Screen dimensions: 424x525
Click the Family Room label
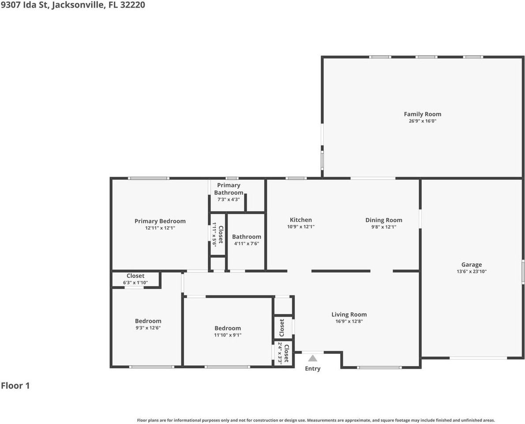click(x=422, y=114)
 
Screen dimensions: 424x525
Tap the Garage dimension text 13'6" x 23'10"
click(x=472, y=272)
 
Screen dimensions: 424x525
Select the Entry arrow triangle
click(x=312, y=358)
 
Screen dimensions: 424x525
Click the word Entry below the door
click(x=312, y=369)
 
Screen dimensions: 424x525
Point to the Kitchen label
click(x=300, y=220)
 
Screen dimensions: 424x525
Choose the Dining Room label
click(x=383, y=220)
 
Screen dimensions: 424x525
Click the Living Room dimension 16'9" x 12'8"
click(x=349, y=322)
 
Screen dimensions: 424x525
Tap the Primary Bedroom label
click(x=160, y=221)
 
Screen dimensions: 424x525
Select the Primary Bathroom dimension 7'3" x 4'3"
click(x=229, y=199)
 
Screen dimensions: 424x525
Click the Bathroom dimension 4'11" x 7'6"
click(x=246, y=243)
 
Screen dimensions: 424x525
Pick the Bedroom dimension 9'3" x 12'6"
click(x=148, y=328)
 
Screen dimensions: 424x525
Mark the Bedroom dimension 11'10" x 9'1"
click(x=228, y=335)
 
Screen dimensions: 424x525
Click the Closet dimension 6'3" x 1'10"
click(x=135, y=283)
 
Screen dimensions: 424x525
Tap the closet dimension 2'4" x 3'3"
click(x=280, y=353)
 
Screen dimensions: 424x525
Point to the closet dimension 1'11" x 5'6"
click(x=214, y=235)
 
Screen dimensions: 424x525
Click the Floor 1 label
click(x=15, y=386)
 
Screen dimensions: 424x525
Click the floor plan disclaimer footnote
click(x=316, y=420)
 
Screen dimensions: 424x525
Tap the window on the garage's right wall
click(x=523, y=271)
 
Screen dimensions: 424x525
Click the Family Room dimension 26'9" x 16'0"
click(x=422, y=121)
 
